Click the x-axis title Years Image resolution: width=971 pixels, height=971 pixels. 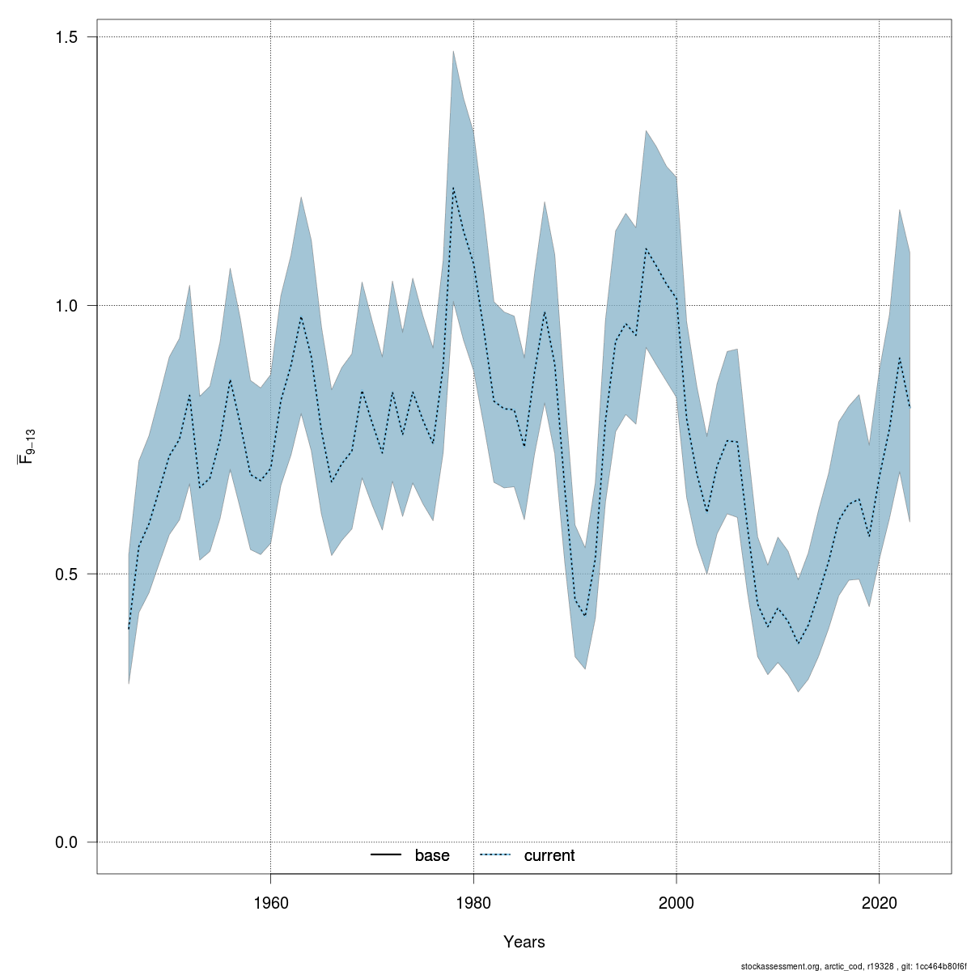(x=524, y=942)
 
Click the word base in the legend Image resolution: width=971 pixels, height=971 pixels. (x=432, y=855)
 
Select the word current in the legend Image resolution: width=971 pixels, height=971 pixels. (x=549, y=855)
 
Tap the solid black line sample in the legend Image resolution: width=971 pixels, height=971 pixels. (x=387, y=855)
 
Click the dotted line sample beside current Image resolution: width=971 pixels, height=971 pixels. (x=495, y=855)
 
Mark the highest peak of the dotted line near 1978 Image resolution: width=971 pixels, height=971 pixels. (x=453, y=188)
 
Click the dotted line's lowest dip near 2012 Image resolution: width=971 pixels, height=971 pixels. (x=799, y=644)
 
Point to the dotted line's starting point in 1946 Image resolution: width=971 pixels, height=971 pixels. (x=129, y=629)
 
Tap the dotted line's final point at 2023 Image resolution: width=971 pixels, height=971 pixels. (x=910, y=407)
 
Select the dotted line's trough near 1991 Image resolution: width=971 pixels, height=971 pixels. (x=585, y=617)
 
